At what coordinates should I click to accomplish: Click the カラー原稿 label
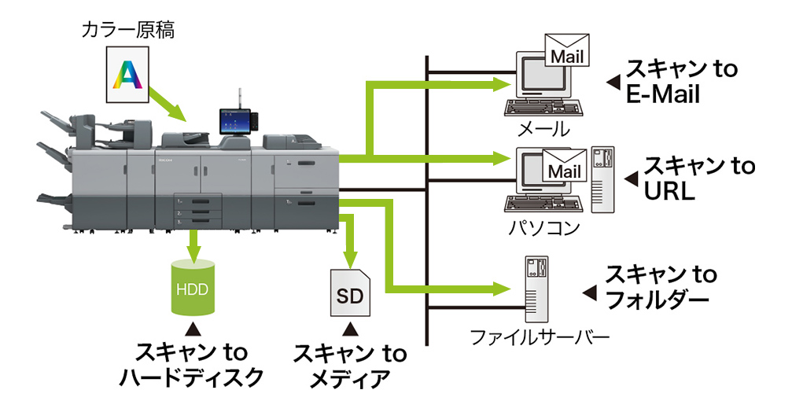[128, 31]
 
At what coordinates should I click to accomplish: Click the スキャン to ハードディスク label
[191, 363]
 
